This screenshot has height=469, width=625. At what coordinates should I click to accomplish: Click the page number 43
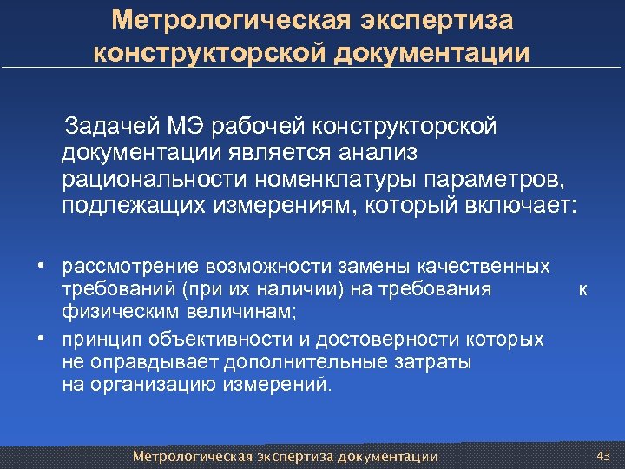point(604,456)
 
